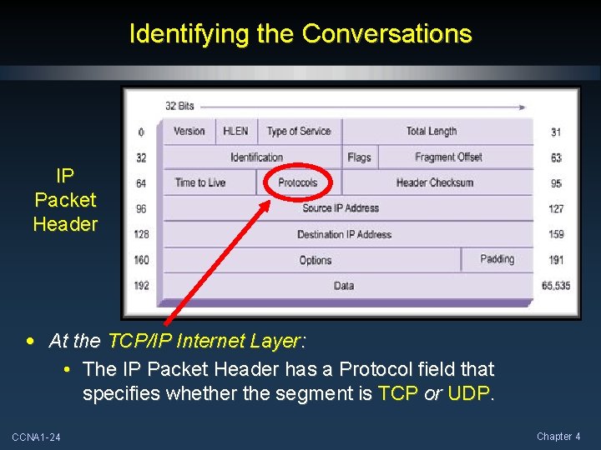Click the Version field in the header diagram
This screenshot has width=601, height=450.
(x=189, y=131)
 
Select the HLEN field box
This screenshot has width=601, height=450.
(x=235, y=131)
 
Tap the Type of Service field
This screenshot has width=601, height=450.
(x=299, y=131)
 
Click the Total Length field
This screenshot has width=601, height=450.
(x=432, y=131)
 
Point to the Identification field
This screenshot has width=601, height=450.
(x=256, y=157)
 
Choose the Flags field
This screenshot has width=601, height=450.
(x=359, y=157)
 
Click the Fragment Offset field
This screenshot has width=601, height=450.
(x=448, y=157)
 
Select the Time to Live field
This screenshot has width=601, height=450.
(x=200, y=182)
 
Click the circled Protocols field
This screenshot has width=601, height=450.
(x=298, y=182)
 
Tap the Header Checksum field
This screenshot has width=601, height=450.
(x=435, y=182)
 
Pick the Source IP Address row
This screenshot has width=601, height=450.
(x=341, y=208)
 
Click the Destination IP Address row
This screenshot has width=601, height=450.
(x=344, y=234)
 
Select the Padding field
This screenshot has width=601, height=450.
(x=497, y=259)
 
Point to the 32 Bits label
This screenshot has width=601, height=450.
(x=179, y=106)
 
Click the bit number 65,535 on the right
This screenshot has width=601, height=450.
(x=556, y=285)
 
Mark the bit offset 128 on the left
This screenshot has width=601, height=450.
(x=141, y=234)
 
